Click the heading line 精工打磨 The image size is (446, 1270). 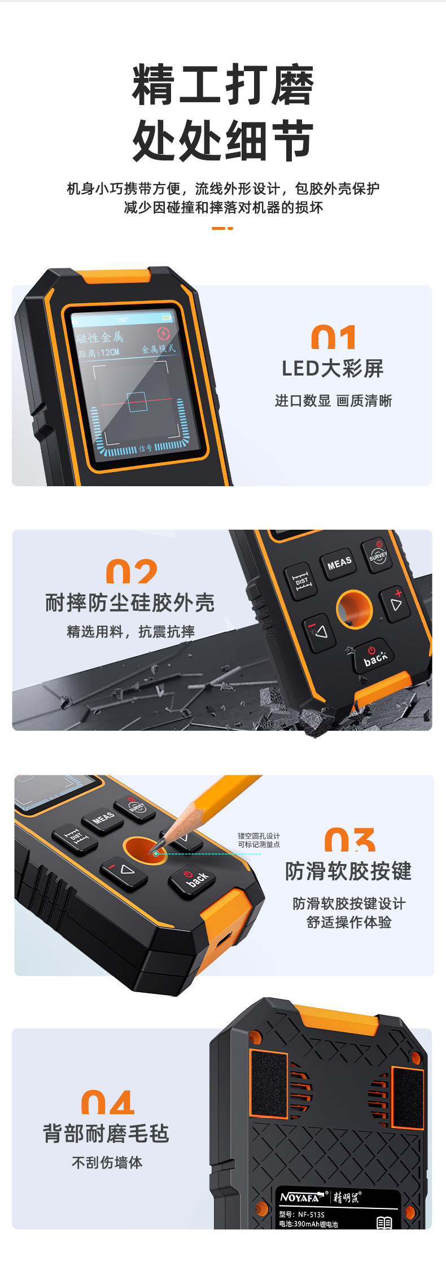(x=222, y=85)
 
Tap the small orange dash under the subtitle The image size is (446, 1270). (x=222, y=228)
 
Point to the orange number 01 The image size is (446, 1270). (x=333, y=337)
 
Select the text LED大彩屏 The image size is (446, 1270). (x=333, y=369)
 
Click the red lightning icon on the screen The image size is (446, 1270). (x=163, y=333)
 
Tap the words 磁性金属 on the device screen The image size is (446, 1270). (x=100, y=338)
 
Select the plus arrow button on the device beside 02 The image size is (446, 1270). (x=396, y=603)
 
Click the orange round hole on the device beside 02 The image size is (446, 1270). (x=354, y=609)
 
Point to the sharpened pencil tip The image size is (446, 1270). (x=156, y=851)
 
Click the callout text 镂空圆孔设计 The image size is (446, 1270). (x=259, y=836)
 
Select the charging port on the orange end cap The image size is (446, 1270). (x=224, y=939)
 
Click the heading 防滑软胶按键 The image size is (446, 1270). (x=348, y=871)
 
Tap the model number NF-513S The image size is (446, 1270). (x=311, y=1214)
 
